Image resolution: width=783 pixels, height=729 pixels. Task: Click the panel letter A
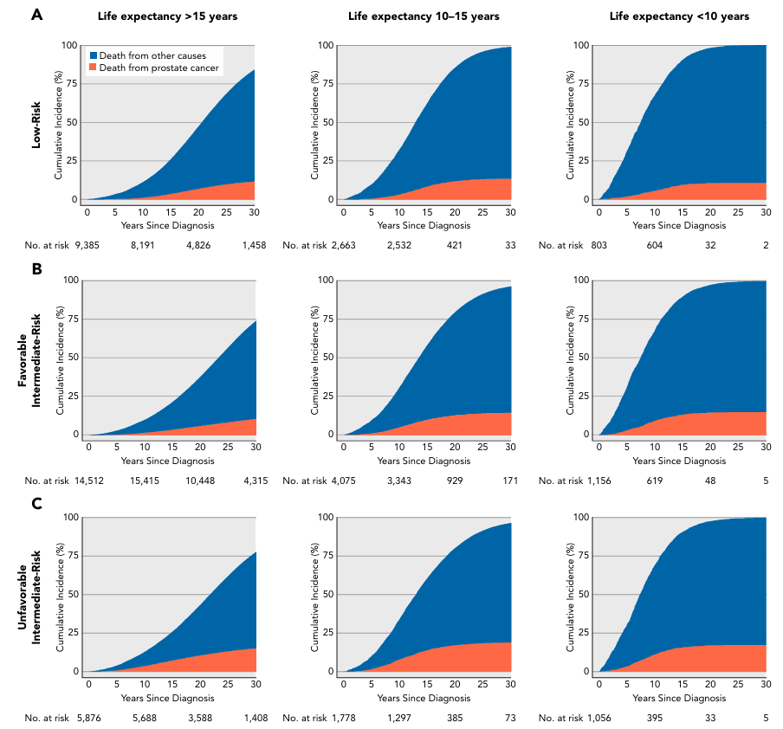[37, 15]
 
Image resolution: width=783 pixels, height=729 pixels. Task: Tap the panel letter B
[37, 268]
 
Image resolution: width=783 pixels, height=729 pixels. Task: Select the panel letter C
[37, 504]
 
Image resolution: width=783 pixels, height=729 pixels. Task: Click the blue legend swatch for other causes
[94, 55]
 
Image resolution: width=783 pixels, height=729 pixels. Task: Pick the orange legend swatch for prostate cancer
[94, 68]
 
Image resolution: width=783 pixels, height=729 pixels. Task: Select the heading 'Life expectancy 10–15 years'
[424, 16]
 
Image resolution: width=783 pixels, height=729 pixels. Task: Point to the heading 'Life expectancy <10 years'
[680, 16]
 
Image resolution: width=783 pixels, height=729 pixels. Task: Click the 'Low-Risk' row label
[37, 121]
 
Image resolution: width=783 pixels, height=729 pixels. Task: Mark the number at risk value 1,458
[255, 246]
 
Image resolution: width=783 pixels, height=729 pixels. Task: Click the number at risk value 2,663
[345, 246]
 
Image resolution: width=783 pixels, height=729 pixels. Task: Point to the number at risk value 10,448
[200, 481]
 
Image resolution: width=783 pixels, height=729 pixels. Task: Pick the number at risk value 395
[654, 717]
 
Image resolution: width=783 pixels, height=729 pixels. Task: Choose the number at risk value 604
[654, 246]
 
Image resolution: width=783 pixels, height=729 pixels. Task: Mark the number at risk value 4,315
[255, 481]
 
